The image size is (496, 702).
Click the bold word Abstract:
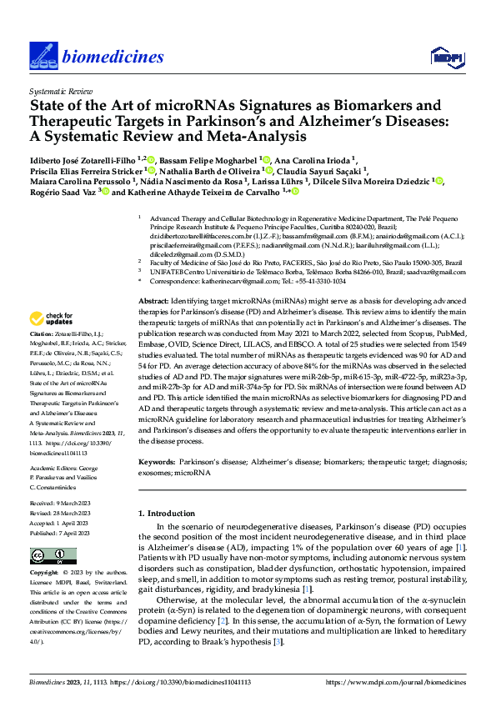(x=152, y=300)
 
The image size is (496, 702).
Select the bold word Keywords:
(x=155, y=460)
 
